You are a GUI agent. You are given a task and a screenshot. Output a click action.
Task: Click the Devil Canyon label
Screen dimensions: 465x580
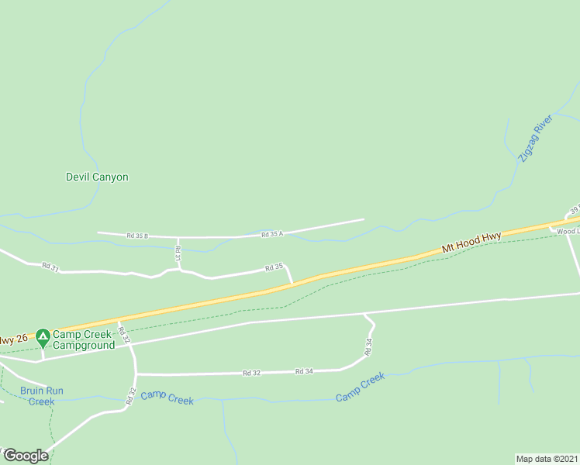(x=97, y=177)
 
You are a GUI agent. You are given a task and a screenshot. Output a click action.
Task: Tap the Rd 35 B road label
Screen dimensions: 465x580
(x=136, y=235)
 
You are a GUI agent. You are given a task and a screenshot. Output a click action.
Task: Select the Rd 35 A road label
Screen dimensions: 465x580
(x=272, y=233)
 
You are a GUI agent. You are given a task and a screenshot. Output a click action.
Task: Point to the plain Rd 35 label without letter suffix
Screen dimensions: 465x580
(x=273, y=267)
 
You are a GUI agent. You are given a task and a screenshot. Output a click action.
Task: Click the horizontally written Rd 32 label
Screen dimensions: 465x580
(x=251, y=373)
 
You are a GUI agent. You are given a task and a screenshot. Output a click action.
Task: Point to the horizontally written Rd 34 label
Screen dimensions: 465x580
(x=304, y=372)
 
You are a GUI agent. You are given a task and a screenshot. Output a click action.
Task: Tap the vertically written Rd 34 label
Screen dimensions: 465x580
(x=370, y=346)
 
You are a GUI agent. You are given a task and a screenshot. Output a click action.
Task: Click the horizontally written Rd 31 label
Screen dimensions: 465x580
(x=50, y=267)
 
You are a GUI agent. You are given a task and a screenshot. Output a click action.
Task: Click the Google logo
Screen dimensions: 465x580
(x=25, y=455)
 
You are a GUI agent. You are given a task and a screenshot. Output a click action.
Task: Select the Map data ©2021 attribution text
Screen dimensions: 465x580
(x=547, y=458)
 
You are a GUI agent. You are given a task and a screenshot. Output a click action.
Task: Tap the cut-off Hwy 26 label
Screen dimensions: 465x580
(x=12, y=339)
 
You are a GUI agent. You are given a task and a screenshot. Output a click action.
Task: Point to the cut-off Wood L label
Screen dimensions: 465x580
(x=566, y=231)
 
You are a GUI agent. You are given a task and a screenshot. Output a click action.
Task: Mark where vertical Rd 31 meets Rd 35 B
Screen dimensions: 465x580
(x=178, y=237)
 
